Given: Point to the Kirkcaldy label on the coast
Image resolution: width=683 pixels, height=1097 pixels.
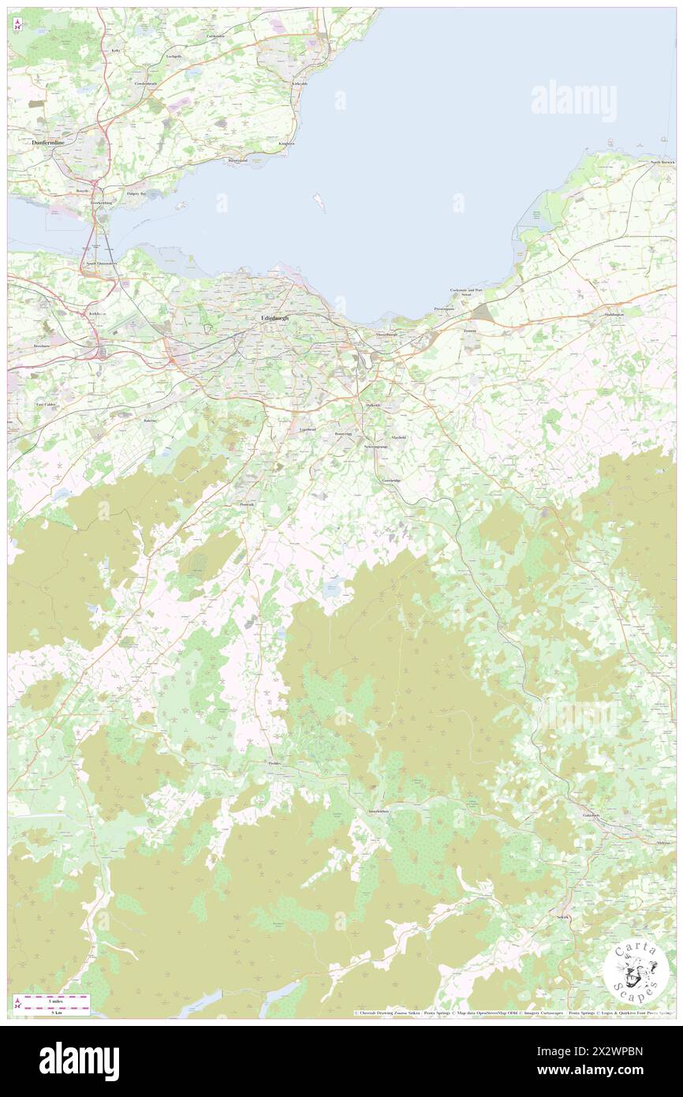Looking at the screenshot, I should pyautogui.click(x=299, y=84).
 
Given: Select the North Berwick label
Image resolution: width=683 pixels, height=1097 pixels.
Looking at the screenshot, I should pyautogui.click(x=662, y=162).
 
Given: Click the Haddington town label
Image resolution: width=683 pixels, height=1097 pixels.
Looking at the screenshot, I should pyautogui.click(x=614, y=315).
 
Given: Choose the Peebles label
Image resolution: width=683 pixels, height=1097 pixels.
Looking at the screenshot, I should pyautogui.click(x=274, y=764).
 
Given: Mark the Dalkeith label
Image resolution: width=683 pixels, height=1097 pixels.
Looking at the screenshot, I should pyautogui.click(x=373, y=405).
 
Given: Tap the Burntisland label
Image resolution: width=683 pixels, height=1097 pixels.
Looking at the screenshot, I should pyautogui.click(x=237, y=161).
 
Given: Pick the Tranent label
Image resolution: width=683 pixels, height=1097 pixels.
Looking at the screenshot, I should pyautogui.click(x=471, y=331).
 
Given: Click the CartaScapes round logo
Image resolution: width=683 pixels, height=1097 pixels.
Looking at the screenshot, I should pyautogui.click(x=636, y=970).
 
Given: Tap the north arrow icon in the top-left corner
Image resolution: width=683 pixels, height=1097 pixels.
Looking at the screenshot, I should pyautogui.click(x=17, y=25).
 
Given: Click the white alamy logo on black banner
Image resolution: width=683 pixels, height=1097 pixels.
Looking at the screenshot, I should pyautogui.click(x=79, y=1061).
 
